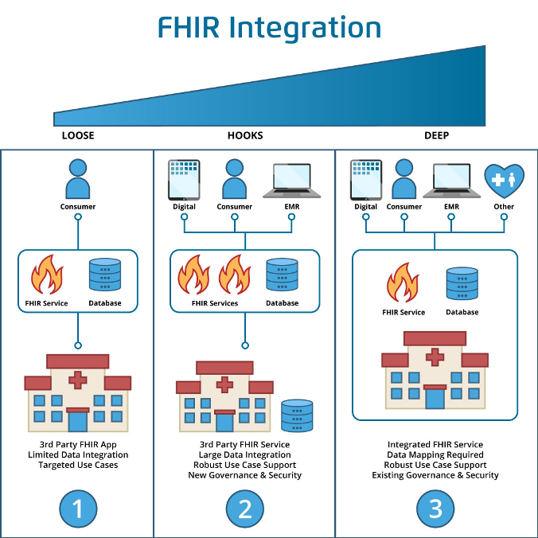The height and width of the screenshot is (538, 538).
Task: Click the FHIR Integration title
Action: click(269, 28)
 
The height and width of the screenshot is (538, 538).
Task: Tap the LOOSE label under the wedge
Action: click(78, 135)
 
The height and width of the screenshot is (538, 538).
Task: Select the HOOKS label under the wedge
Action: click(245, 135)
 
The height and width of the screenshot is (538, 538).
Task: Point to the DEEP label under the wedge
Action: click(436, 135)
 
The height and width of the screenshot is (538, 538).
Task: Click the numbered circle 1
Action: click(78, 507)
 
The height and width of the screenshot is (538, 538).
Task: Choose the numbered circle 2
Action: click(244, 507)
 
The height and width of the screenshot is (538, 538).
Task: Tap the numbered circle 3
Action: click(435, 507)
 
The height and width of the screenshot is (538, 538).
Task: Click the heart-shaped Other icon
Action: click(504, 180)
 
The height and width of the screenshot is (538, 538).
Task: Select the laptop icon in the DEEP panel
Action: click(451, 181)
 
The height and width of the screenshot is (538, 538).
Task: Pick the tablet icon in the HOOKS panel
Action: click(184, 180)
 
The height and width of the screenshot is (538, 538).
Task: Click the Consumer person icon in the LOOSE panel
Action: click(78, 180)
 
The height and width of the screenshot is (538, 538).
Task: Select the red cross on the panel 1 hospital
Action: click(78, 380)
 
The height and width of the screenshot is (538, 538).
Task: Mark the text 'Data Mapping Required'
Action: click(435, 454)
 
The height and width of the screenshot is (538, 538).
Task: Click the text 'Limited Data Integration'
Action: click(78, 454)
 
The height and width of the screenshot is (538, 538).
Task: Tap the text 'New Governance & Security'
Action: click(244, 475)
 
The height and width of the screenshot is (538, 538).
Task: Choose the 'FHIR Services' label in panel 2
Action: click(215, 303)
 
